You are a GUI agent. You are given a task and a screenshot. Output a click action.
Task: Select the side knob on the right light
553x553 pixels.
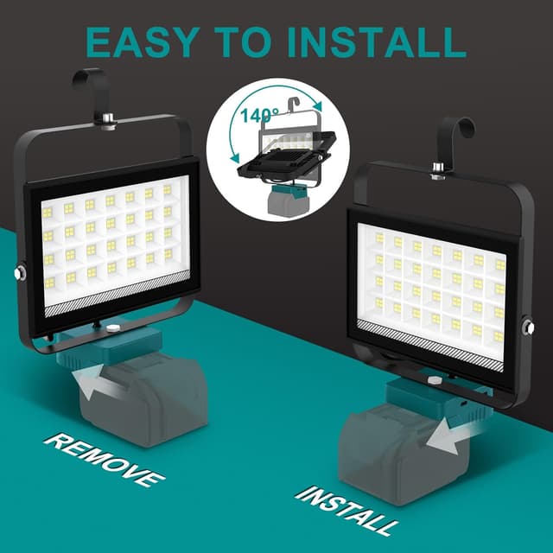(x=529, y=326)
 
